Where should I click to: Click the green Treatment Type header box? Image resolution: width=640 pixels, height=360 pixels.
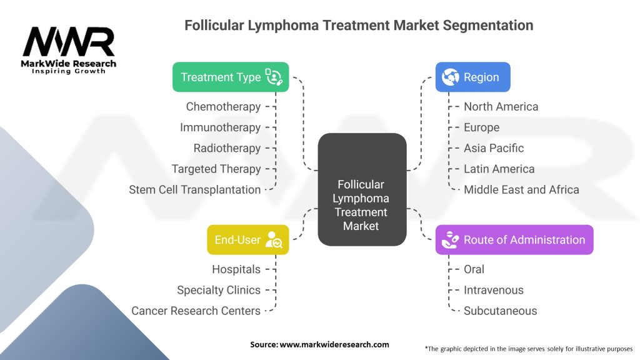pos(231,77)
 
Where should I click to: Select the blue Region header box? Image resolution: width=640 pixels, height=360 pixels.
pos(472,77)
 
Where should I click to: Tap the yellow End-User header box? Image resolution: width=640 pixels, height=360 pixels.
pos(248,239)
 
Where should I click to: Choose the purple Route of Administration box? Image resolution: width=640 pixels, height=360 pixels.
pos(514,239)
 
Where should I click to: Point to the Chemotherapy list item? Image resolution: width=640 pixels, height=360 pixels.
pos(223,106)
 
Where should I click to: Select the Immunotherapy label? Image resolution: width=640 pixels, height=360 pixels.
pos(220,127)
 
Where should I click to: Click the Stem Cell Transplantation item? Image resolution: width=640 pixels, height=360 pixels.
pos(194,189)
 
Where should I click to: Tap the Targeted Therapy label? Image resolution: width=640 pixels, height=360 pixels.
pos(216,169)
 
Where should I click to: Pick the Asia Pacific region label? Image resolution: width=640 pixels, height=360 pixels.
pos(494,148)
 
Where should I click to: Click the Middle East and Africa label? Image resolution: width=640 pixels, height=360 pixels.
pos(521,189)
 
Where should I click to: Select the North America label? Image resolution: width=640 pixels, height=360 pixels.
pos(501,106)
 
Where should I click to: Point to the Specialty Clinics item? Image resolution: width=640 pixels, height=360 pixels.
pos(219,290)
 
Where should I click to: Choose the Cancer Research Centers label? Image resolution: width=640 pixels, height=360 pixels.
pos(196,311)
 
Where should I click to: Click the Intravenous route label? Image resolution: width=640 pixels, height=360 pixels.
pos(494,290)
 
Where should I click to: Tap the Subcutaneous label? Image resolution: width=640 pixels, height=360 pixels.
pos(500,311)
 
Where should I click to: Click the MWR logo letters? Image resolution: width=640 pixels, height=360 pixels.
pos(69,42)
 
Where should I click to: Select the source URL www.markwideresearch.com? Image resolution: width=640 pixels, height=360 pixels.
pos(334,344)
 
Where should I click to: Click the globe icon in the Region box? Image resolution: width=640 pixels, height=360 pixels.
pos(450,77)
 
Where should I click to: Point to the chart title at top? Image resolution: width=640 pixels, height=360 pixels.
pos(359,26)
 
